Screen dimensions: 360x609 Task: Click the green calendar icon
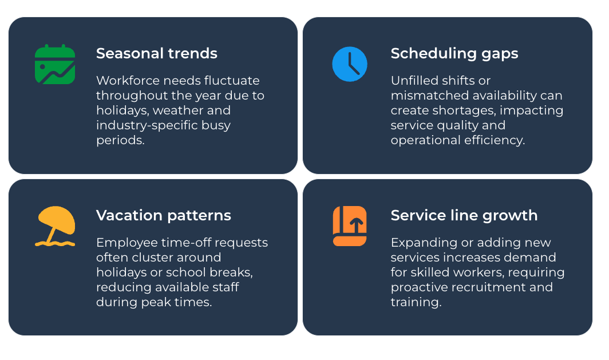(x=55, y=64)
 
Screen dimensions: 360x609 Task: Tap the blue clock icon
(x=350, y=64)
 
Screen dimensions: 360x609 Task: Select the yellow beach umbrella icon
(x=55, y=226)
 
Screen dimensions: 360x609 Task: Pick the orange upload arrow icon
(x=350, y=226)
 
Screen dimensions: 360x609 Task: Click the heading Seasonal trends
(x=156, y=54)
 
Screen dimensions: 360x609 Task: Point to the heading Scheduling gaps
(x=454, y=54)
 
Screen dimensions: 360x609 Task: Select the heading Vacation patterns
(x=163, y=216)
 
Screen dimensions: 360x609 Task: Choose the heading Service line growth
(x=464, y=216)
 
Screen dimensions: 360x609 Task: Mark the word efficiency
(x=496, y=140)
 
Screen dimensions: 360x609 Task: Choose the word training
(x=416, y=302)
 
